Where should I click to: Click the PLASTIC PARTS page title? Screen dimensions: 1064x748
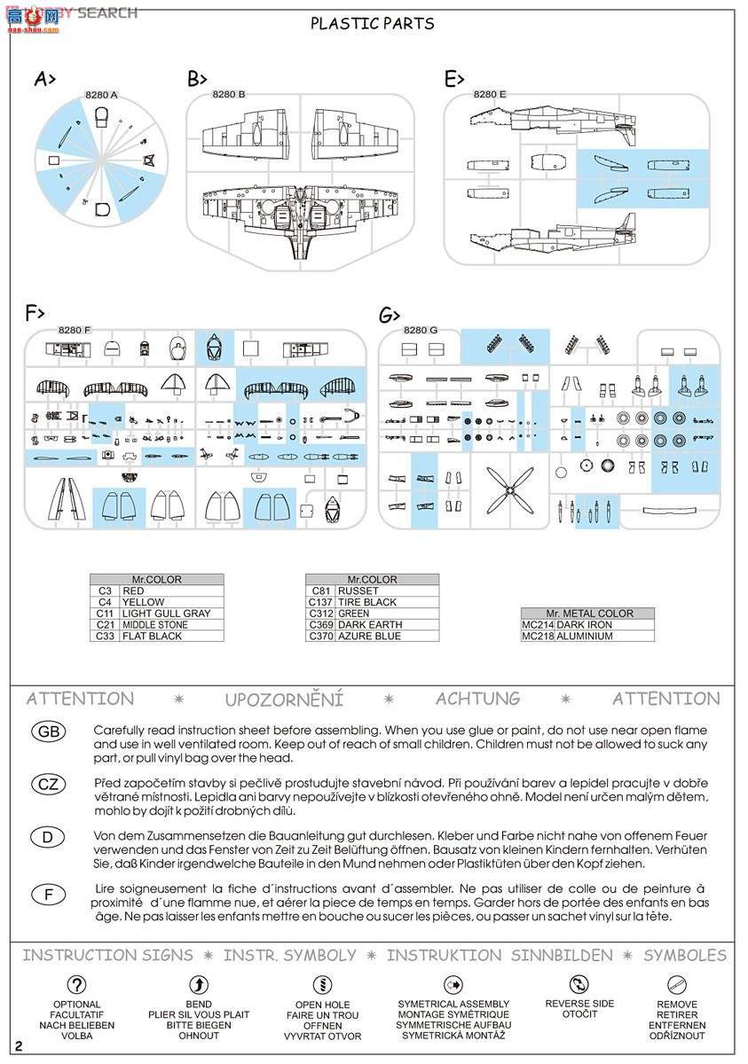pos(373,24)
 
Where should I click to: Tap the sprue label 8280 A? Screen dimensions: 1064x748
pos(101,95)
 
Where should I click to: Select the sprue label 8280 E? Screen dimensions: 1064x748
pos(490,94)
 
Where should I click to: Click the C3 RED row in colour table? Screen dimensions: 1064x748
pos(156,591)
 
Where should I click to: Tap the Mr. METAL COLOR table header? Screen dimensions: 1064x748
pos(589,614)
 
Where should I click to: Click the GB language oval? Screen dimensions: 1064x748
pos(49,731)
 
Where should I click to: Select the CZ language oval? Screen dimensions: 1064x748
pos(49,784)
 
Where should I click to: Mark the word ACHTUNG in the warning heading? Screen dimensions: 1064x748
pos(477,699)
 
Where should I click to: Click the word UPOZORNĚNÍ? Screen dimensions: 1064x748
pos(283,700)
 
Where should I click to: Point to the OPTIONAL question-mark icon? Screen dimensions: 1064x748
pos(77,984)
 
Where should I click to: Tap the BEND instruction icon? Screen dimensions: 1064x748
pos(200,984)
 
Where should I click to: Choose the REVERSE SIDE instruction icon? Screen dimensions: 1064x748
pos(579,984)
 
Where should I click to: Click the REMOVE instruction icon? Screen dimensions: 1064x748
pos(677,984)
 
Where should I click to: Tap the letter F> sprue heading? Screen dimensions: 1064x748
pos(35,312)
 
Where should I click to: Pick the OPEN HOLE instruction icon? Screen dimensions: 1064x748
pos(322,984)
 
